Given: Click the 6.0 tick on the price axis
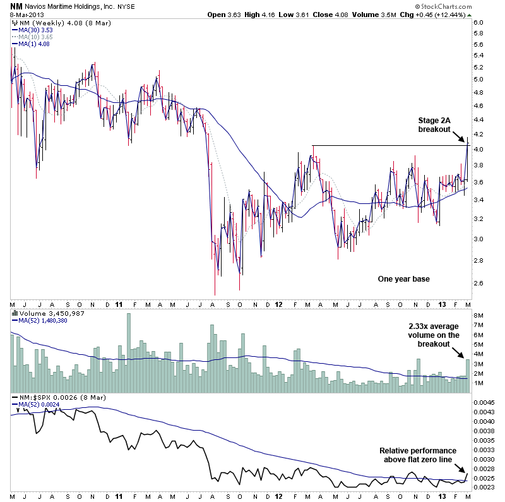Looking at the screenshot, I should tap(478, 23).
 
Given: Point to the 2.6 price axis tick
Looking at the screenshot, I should tap(478, 283).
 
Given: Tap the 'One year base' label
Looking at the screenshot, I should tap(403, 278).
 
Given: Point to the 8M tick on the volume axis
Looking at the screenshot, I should tap(478, 314).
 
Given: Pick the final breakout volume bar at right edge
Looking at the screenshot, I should tap(468, 376).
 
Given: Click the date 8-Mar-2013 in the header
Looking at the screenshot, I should tap(24, 14).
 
